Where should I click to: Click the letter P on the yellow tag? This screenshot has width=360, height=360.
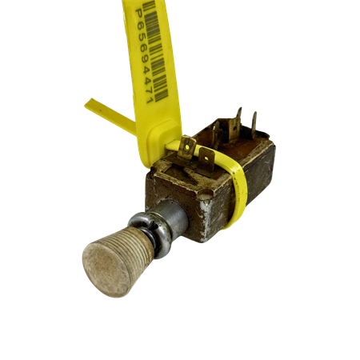coord(139,14)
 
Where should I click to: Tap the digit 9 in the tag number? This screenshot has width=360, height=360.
coord(143,58)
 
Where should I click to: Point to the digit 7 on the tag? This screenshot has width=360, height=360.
coord(148,90)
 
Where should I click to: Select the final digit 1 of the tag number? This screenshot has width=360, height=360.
coord(150,99)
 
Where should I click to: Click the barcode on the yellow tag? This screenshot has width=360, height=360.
coord(155,50)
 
